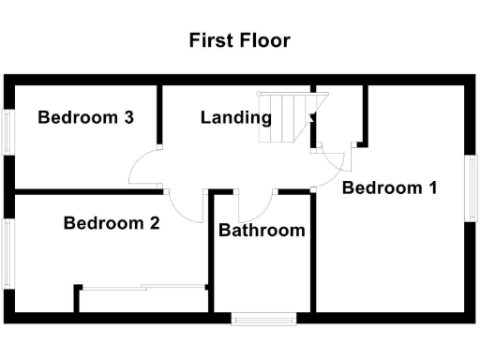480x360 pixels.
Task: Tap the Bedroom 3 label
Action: pos(84,117)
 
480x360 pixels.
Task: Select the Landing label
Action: pos(236,117)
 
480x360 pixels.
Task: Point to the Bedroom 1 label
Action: pos(389,187)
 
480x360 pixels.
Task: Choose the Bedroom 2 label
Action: pos(111,223)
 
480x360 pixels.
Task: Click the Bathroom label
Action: pos(262,230)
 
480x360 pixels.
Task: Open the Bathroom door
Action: pos(255,202)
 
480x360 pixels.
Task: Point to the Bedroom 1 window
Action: pos(472,187)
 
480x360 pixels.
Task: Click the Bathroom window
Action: pos(264,320)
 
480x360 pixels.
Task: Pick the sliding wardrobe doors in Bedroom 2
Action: pos(142,287)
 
